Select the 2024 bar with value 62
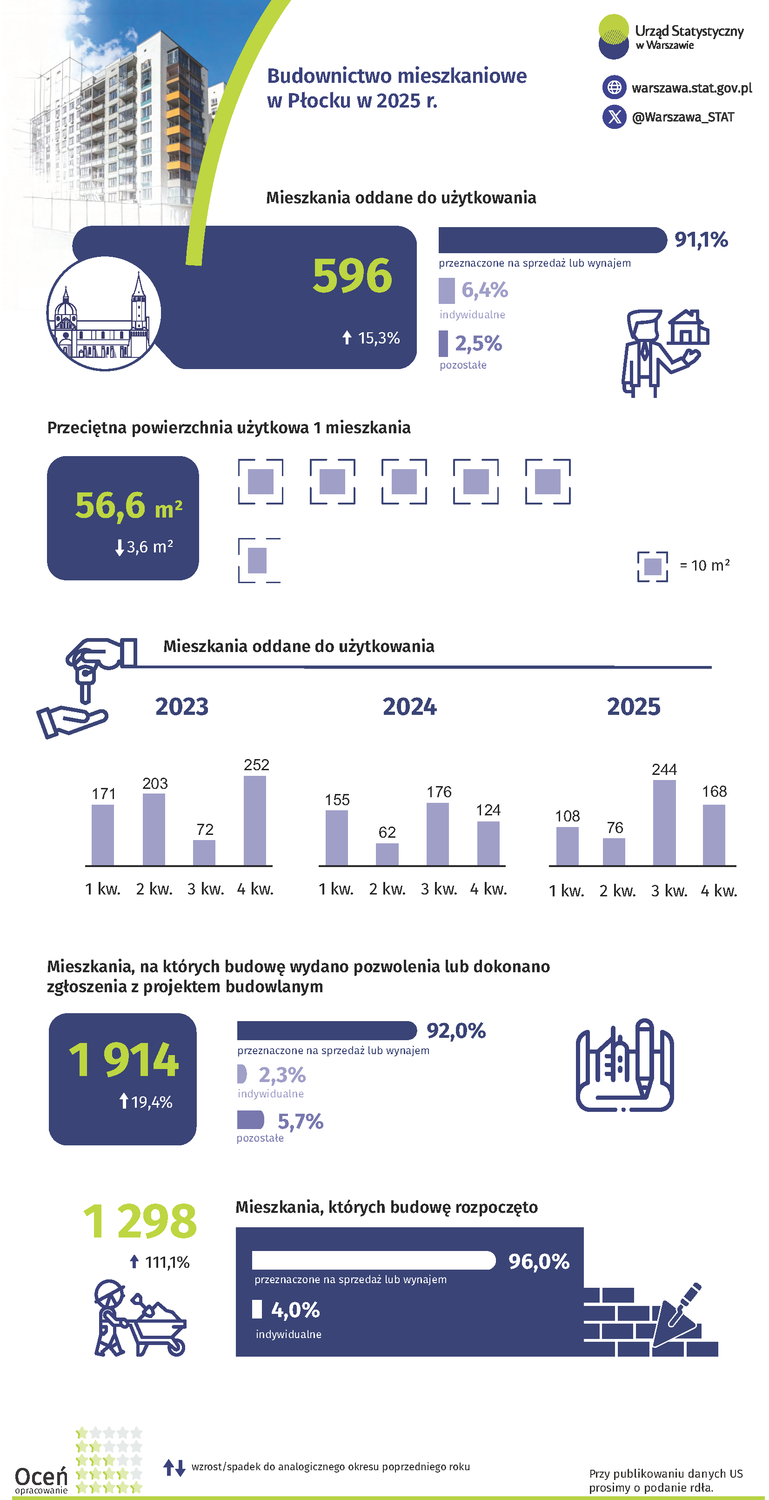pos(387,854)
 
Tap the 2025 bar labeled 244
pos(664,822)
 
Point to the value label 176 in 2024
pos(439,792)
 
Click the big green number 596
pos(352,276)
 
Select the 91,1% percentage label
pos(701,239)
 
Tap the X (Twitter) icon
pos(614,117)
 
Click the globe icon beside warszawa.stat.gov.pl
pos(614,87)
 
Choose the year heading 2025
pos(633,706)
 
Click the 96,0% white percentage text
pos(538,1261)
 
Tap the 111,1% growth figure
pos(167,1262)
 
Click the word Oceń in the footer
pos(41,1476)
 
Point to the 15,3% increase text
pos(378,338)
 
